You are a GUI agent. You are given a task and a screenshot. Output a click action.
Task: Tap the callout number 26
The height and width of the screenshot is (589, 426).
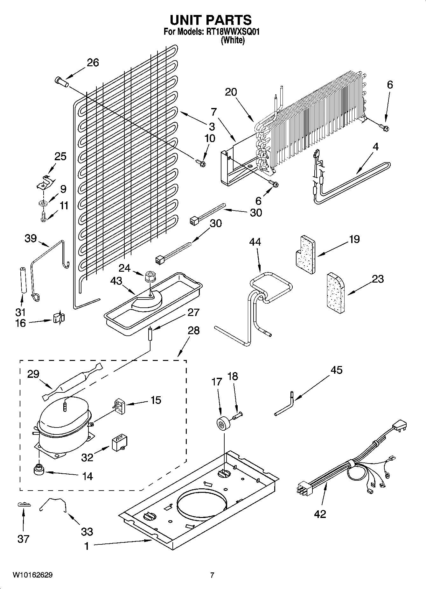coord(93,62)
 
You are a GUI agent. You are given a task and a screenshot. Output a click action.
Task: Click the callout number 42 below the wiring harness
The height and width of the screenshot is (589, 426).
coord(320,514)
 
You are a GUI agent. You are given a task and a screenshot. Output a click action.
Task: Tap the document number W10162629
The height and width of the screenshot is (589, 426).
coord(32,575)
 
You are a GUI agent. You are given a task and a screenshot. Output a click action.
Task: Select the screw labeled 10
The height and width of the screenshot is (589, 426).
coord(200,163)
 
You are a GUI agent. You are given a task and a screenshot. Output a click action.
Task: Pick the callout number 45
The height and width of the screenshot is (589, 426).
coord(337,370)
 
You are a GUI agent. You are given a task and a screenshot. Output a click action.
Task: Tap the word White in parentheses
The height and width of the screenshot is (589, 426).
coord(233,40)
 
